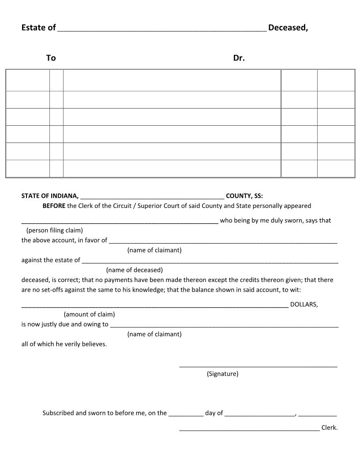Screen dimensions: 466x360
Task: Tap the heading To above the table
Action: coord(51,58)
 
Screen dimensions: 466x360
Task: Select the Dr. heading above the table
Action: coord(239,58)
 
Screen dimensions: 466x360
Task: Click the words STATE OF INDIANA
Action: coord(50,196)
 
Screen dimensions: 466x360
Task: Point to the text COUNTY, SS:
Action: coord(244,196)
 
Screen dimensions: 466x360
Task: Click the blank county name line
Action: coord(153,198)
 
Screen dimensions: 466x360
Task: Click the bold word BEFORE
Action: coord(54,206)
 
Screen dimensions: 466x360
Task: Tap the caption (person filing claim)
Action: coord(55,230)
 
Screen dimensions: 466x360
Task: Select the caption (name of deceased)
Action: coord(135,270)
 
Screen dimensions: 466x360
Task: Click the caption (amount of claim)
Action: coord(90,314)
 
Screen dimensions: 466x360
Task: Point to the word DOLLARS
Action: coord(304,304)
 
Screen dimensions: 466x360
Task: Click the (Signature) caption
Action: coord(223,374)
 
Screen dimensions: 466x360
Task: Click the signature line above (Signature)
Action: coord(258,366)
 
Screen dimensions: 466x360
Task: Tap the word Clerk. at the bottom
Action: coord(330,428)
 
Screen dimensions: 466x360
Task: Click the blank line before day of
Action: coord(186,415)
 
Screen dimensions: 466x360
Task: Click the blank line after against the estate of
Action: coord(210,262)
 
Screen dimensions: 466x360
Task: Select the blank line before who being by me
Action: coord(120,222)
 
